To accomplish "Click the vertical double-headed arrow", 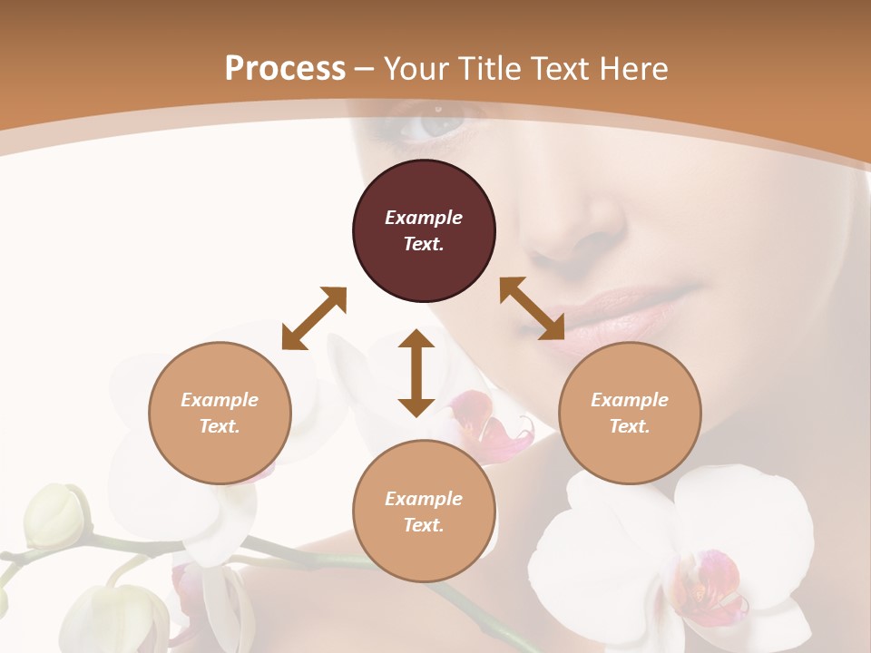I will coord(416,373).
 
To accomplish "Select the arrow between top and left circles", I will coord(314,317).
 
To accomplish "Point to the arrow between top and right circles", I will coord(532,308).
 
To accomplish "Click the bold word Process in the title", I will coord(285,68).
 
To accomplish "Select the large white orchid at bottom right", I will coord(671,553).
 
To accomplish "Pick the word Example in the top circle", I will coord(424,218).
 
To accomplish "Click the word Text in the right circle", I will coord(630,426).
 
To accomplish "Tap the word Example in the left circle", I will coord(220,400).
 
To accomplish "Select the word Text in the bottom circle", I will coord(424,525).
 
